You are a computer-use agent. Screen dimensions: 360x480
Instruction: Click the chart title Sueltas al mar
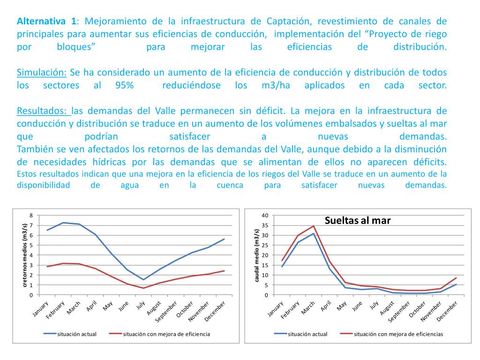358,220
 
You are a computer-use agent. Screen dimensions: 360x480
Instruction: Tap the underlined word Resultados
43,111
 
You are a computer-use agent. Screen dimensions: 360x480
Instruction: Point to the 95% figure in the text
124,86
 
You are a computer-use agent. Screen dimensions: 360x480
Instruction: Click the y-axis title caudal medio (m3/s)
257,255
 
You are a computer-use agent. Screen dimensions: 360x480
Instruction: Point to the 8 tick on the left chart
31,215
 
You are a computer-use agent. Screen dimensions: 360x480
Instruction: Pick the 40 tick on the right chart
264,215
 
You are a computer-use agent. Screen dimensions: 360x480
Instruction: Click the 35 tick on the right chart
264,225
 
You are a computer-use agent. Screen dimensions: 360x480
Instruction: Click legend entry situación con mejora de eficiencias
398,334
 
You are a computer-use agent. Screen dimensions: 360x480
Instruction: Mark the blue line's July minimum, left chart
143,279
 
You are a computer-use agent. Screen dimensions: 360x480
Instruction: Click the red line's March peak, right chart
314,226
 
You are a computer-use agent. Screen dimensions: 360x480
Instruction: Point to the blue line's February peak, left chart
63,223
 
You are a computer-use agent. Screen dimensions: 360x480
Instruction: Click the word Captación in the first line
289,22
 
